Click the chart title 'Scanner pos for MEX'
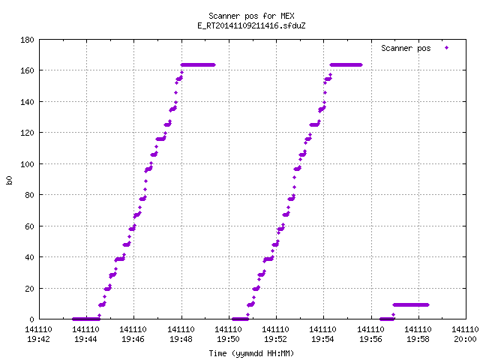pos(251,16)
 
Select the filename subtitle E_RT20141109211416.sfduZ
pos(251,25)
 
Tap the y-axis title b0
pos(9,180)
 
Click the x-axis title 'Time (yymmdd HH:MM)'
pos(251,353)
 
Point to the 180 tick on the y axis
pos(27,40)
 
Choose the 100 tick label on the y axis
pos(27,164)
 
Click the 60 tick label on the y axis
pos(29,226)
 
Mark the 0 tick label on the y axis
pos(31,319)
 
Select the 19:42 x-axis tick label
pos(38,339)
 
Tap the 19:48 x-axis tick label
pos(181,339)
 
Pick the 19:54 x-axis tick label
pos(323,339)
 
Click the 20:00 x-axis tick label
pos(465,339)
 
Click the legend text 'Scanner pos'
pos(406,48)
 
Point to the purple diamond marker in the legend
pos(447,48)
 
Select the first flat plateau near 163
pos(198,65)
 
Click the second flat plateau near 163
pos(346,65)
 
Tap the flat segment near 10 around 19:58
pos(411,305)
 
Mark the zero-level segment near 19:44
pos(86,319)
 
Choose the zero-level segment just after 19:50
pos(240,319)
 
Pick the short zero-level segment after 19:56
pos(387,319)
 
